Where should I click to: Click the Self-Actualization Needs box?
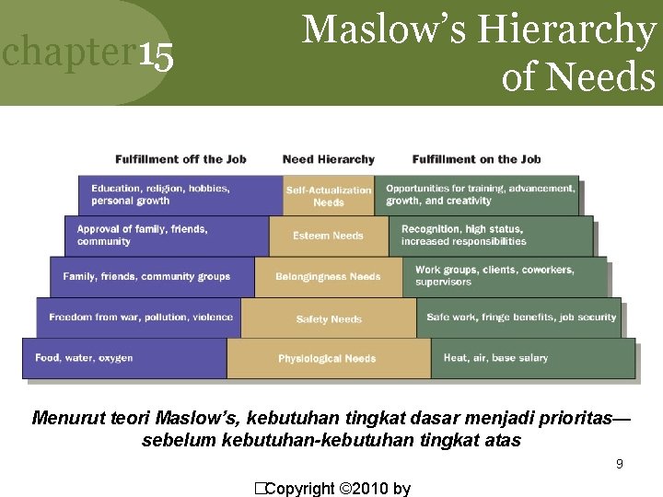(329, 196)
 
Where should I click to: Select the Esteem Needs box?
(329, 237)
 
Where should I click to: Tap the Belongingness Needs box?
(328, 277)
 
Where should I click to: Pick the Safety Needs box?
(329, 318)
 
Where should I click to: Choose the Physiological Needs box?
(328, 358)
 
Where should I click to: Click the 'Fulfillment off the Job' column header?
(180, 159)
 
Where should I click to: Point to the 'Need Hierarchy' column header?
(329, 159)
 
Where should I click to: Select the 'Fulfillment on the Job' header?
(477, 159)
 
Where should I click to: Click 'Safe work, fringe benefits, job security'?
(521, 318)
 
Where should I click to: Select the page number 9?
(620, 465)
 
